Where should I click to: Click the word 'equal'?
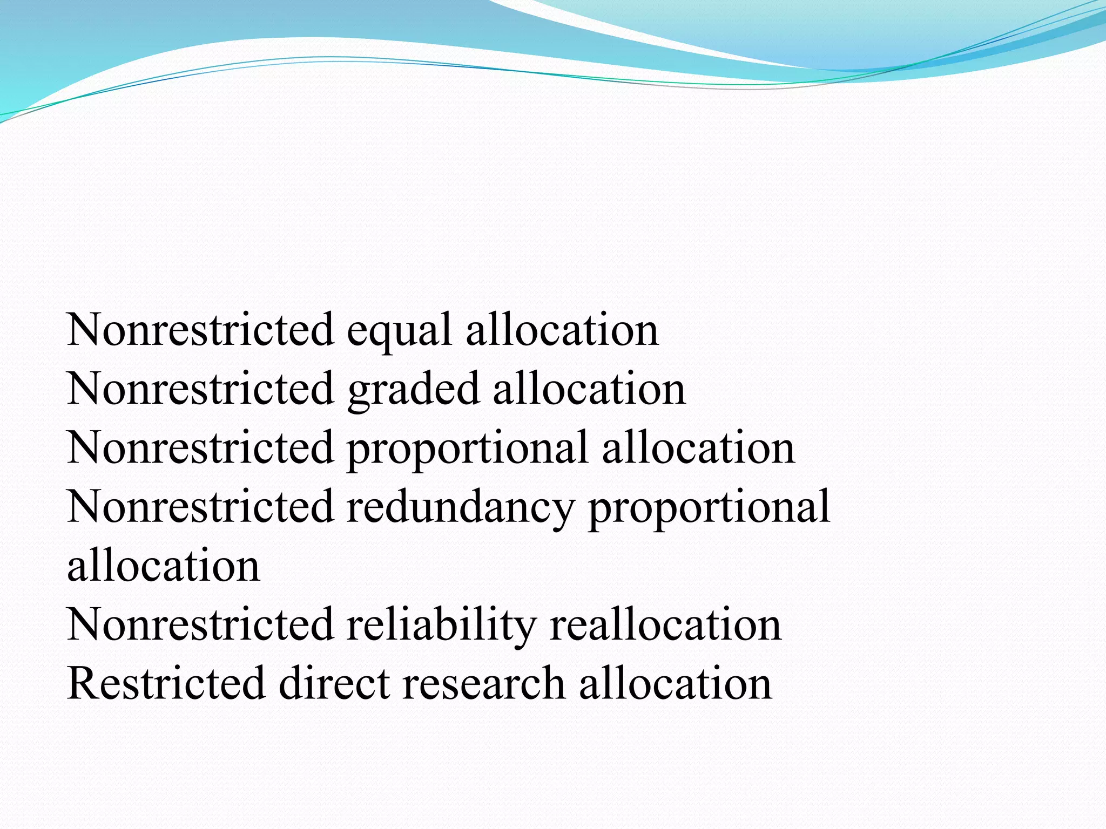click(399, 331)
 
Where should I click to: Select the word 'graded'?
click(413, 390)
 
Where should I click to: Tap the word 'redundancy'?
click(460, 507)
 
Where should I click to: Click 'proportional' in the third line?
click(467, 449)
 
